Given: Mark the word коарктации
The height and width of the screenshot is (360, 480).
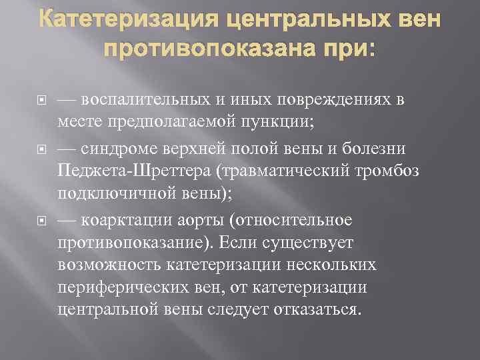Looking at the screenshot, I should [126, 220].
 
